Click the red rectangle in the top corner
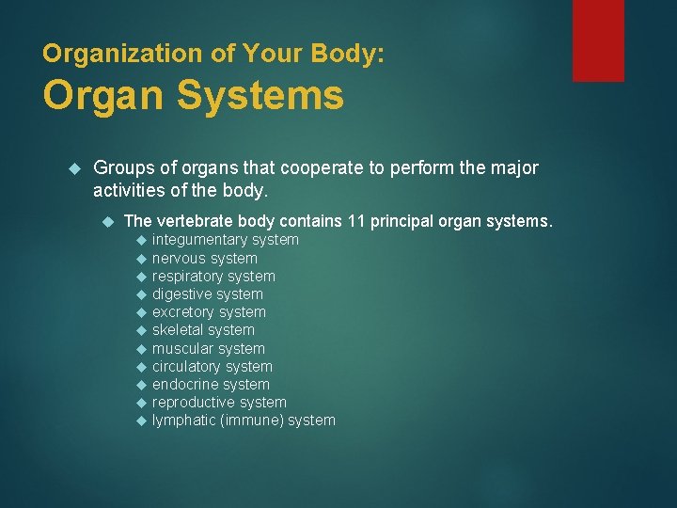pyautogui.click(x=598, y=40)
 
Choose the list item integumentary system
pyautogui.click(x=225, y=240)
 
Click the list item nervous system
pyautogui.click(x=204, y=258)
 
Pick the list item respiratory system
pyautogui.click(x=213, y=276)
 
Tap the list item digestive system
pyautogui.click(x=207, y=294)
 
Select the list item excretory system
pyautogui.click(x=209, y=311)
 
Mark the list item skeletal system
pyautogui.click(x=203, y=329)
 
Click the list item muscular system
pyautogui.click(x=208, y=348)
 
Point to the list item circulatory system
pyautogui.click(x=212, y=366)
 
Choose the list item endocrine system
pyautogui.click(x=211, y=384)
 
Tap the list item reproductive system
pyautogui.click(x=219, y=402)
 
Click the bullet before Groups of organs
pyautogui.click(x=77, y=168)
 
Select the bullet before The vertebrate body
pyautogui.click(x=107, y=221)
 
